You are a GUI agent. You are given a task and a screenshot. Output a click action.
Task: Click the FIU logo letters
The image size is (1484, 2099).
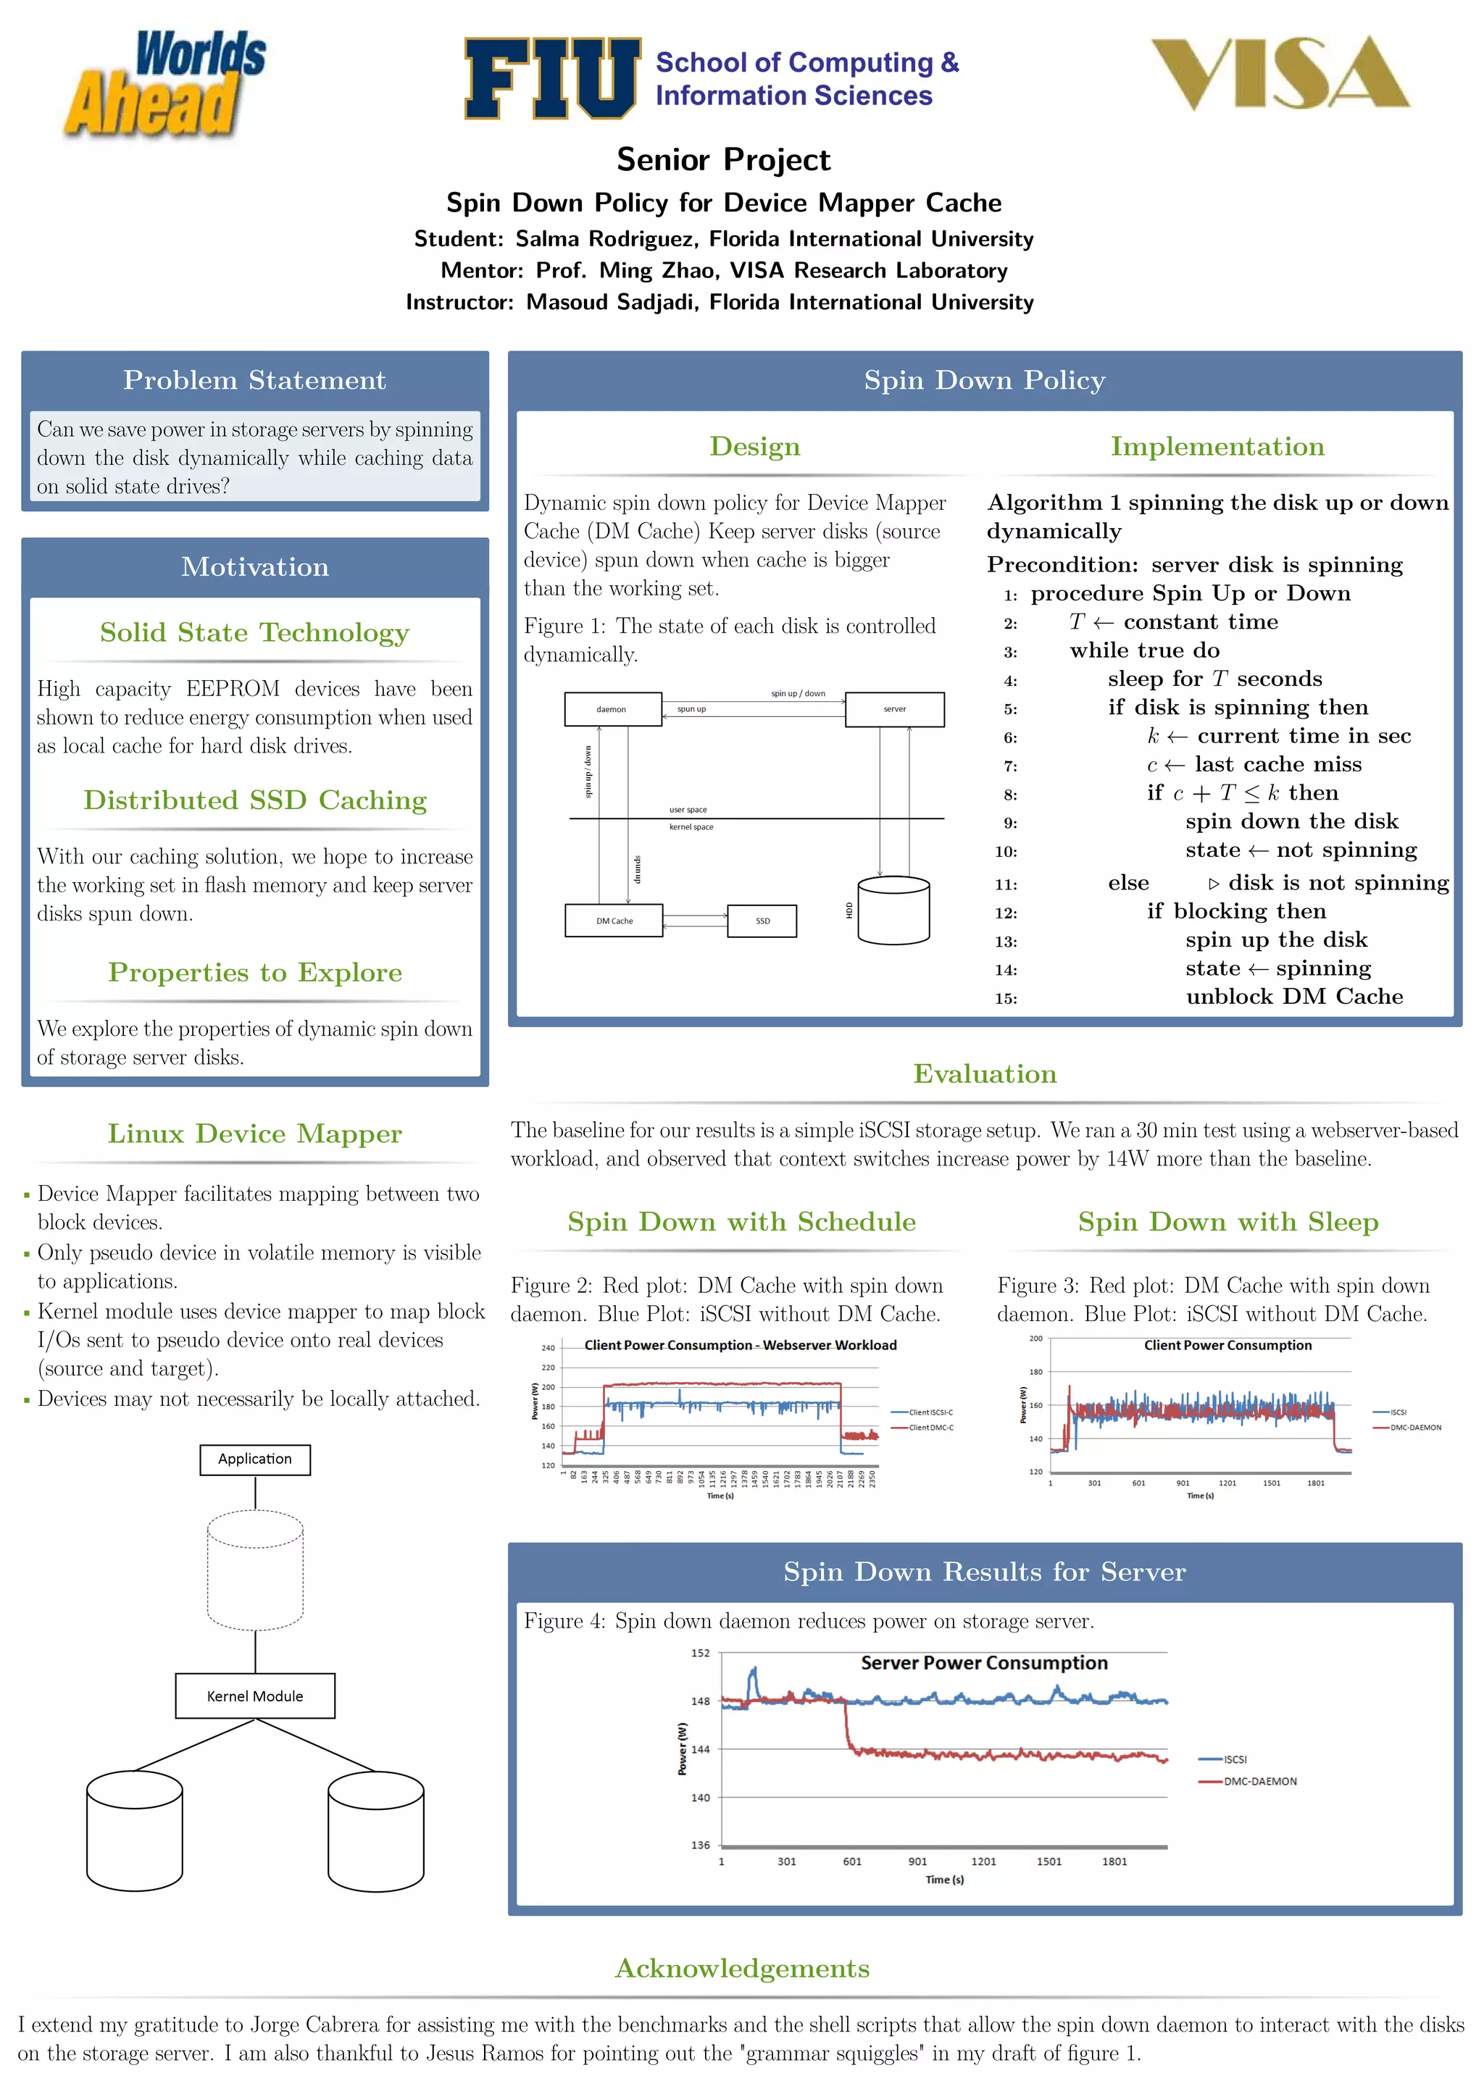coord(551,79)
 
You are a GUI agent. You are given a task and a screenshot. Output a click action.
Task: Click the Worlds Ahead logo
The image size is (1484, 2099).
coord(164,84)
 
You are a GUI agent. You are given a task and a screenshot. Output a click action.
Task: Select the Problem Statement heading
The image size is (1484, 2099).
coord(254,380)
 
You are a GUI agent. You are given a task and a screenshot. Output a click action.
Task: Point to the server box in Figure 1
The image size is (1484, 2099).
coord(894,709)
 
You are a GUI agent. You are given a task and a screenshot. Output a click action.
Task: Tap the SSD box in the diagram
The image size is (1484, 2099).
coord(762,921)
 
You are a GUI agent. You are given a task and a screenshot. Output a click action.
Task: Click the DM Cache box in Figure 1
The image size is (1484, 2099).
coord(614,921)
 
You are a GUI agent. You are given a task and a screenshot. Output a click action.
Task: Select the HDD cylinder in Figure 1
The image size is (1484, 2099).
coord(893,910)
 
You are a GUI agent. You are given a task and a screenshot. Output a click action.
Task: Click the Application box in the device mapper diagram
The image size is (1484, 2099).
coord(255,1459)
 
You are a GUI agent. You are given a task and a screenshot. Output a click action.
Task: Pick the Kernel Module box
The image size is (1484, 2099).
coord(255,1696)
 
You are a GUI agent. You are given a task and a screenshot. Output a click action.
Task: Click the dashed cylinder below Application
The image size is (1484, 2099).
coord(255,1570)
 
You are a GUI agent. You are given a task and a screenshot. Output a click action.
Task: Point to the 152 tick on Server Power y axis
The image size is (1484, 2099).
coord(701,1653)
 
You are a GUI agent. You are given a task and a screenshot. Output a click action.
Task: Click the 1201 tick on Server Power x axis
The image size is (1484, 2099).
coord(983,1861)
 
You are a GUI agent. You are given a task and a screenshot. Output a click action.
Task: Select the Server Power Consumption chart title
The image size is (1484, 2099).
coord(984,1663)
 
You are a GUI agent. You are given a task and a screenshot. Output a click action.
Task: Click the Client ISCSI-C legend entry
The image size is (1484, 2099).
coord(930,1412)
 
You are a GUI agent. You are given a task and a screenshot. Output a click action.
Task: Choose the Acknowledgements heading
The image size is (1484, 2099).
coord(741,1967)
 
